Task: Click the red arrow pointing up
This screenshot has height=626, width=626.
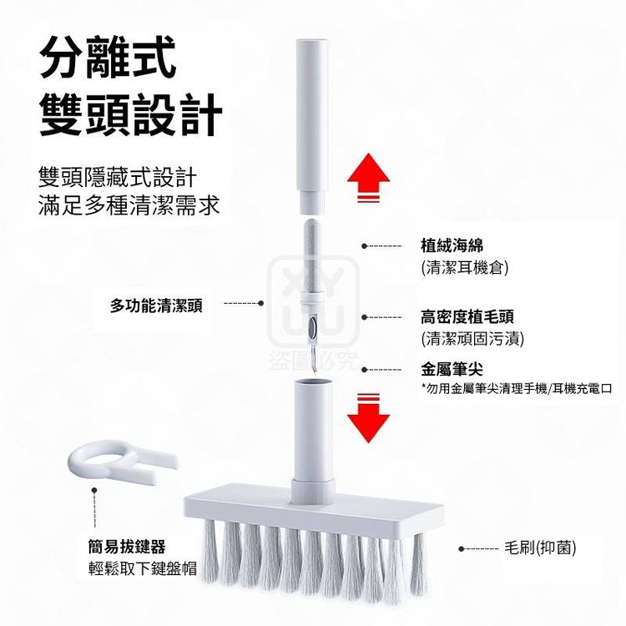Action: pyautogui.click(x=368, y=177)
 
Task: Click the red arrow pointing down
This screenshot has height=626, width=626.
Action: pyautogui.click(x=368, y=418)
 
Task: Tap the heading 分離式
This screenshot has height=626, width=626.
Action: pyautogui.click(x=109, y=57)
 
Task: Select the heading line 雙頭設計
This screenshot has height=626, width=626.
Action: pyautogui.click(x=131, y=115)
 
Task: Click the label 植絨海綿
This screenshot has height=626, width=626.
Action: pyautogui.click(x=452, y=245)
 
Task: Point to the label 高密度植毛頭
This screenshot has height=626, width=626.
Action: pyautogui.click(x=467, y=317)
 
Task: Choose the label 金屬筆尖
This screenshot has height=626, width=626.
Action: pyautogui.click(x=452, y=369)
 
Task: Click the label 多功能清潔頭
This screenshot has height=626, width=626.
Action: pyautogui.click(x=156, y=305)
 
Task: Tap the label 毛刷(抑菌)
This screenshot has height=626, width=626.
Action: pyautogui.click(x=540, y=548)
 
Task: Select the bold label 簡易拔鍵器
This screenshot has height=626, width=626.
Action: pyautogui.click(x=127, y=547)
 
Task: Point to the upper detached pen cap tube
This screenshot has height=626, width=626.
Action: pyautogui.click(x=312, y=126)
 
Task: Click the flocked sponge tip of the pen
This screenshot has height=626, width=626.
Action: pyautogui.click(x=312, y=258)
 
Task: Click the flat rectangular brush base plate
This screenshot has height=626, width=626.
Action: pyautogui.click(x=314, y=507)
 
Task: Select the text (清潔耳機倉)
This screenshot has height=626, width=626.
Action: pyautogui.click(x=465, y=267)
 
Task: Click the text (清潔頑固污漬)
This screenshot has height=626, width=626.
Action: pyautogui.click(x=472, y=339)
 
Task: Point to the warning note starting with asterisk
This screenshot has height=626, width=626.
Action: pyautogui.click(x=517, y=388)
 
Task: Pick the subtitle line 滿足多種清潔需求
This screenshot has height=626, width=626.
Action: pyautogui.click(x=129, y=206)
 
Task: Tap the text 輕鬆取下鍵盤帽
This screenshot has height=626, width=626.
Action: pyautogui.click(x=143, y=568)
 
